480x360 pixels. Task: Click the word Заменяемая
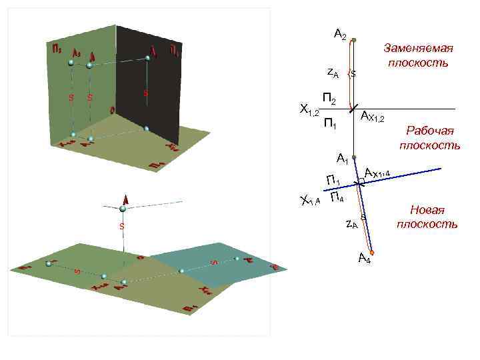(418, 49)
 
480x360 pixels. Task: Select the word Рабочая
(430, 131)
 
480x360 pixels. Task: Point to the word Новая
(427, 210)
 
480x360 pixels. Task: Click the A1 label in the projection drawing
(343, 159)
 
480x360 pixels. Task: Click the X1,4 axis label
(310, 200)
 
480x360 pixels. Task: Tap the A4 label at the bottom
(365, 259)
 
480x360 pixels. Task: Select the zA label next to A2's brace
(332, 73)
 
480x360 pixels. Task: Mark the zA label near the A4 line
(351, 224)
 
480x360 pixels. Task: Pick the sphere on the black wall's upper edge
(146, 58)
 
